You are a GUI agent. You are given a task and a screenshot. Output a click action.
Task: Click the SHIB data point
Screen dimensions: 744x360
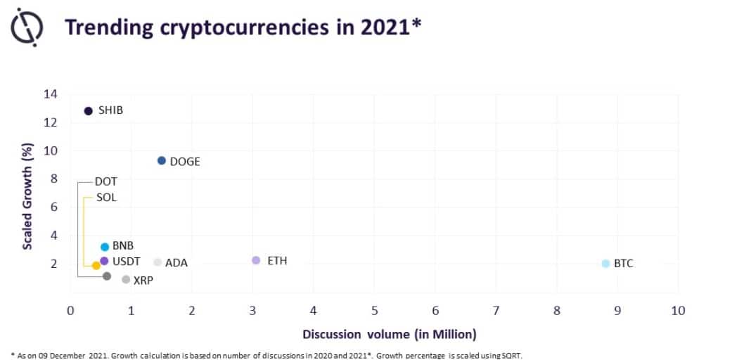pos(89,111)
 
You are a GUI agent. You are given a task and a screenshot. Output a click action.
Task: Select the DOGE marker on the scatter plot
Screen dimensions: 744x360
pos(161,161)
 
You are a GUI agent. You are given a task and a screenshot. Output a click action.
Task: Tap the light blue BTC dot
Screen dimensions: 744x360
pos(605,263)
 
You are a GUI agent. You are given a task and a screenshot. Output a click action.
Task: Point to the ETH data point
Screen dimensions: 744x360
pos(256,260)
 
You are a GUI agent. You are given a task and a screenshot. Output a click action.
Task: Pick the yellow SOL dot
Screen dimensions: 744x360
pos(96,266)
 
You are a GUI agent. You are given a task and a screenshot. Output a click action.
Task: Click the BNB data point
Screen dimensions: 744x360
pos(105,247)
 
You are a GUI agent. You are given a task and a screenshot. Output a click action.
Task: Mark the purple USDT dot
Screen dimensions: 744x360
pos(104,261)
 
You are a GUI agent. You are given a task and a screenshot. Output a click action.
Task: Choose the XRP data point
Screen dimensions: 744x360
pos(126,280)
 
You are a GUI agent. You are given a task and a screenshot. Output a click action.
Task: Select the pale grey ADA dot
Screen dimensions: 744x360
pos(158,262)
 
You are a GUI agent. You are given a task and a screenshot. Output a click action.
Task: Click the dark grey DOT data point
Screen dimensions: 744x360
pos(107,276)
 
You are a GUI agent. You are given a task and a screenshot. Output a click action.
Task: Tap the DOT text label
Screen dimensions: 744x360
pos(105,181)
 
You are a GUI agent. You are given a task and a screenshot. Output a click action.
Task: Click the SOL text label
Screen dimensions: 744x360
pos(106,198)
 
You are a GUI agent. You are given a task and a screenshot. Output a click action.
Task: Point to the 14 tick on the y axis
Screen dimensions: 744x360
pos(51,94)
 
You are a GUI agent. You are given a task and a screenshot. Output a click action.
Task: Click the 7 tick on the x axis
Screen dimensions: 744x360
pos(496,311)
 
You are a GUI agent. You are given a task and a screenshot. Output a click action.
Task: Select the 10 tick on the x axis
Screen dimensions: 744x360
pos(679,311)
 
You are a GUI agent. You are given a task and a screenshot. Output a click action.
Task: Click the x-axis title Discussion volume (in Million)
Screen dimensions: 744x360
pos(390,335)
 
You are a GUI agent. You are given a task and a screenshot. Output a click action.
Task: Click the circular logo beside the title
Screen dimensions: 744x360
pos(27,27)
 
